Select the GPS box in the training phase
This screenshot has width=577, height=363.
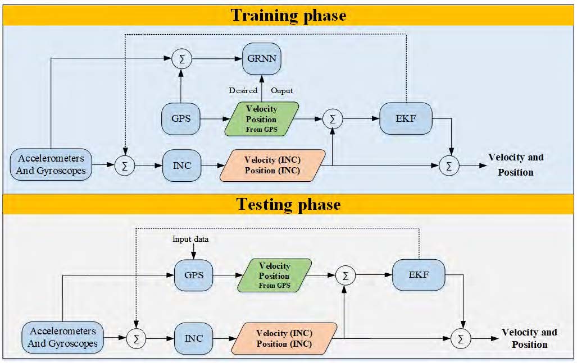[x=181, y=119]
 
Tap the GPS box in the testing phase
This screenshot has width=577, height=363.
[x=194, y=275]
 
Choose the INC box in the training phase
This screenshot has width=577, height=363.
[x=181, y=166]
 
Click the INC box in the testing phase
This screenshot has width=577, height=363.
[x=193, y=338]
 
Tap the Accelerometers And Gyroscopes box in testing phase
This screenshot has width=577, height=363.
[x=63, y=337]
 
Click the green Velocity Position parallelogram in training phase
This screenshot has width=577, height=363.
[x=262, y=119]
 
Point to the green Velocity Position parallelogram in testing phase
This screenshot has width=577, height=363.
[x=275, y=275]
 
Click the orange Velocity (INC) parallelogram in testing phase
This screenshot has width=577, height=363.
[x=284, y=338]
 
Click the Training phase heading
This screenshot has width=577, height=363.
[x=288, y=15]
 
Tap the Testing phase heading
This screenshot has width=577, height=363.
[x=288, y=204]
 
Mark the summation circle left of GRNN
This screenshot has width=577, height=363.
[x=181, y=58]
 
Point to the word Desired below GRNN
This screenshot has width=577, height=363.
[x=243, y=90]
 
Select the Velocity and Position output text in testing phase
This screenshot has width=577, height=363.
[x=529, y=338]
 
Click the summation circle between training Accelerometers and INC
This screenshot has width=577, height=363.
[x=123, y=166]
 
